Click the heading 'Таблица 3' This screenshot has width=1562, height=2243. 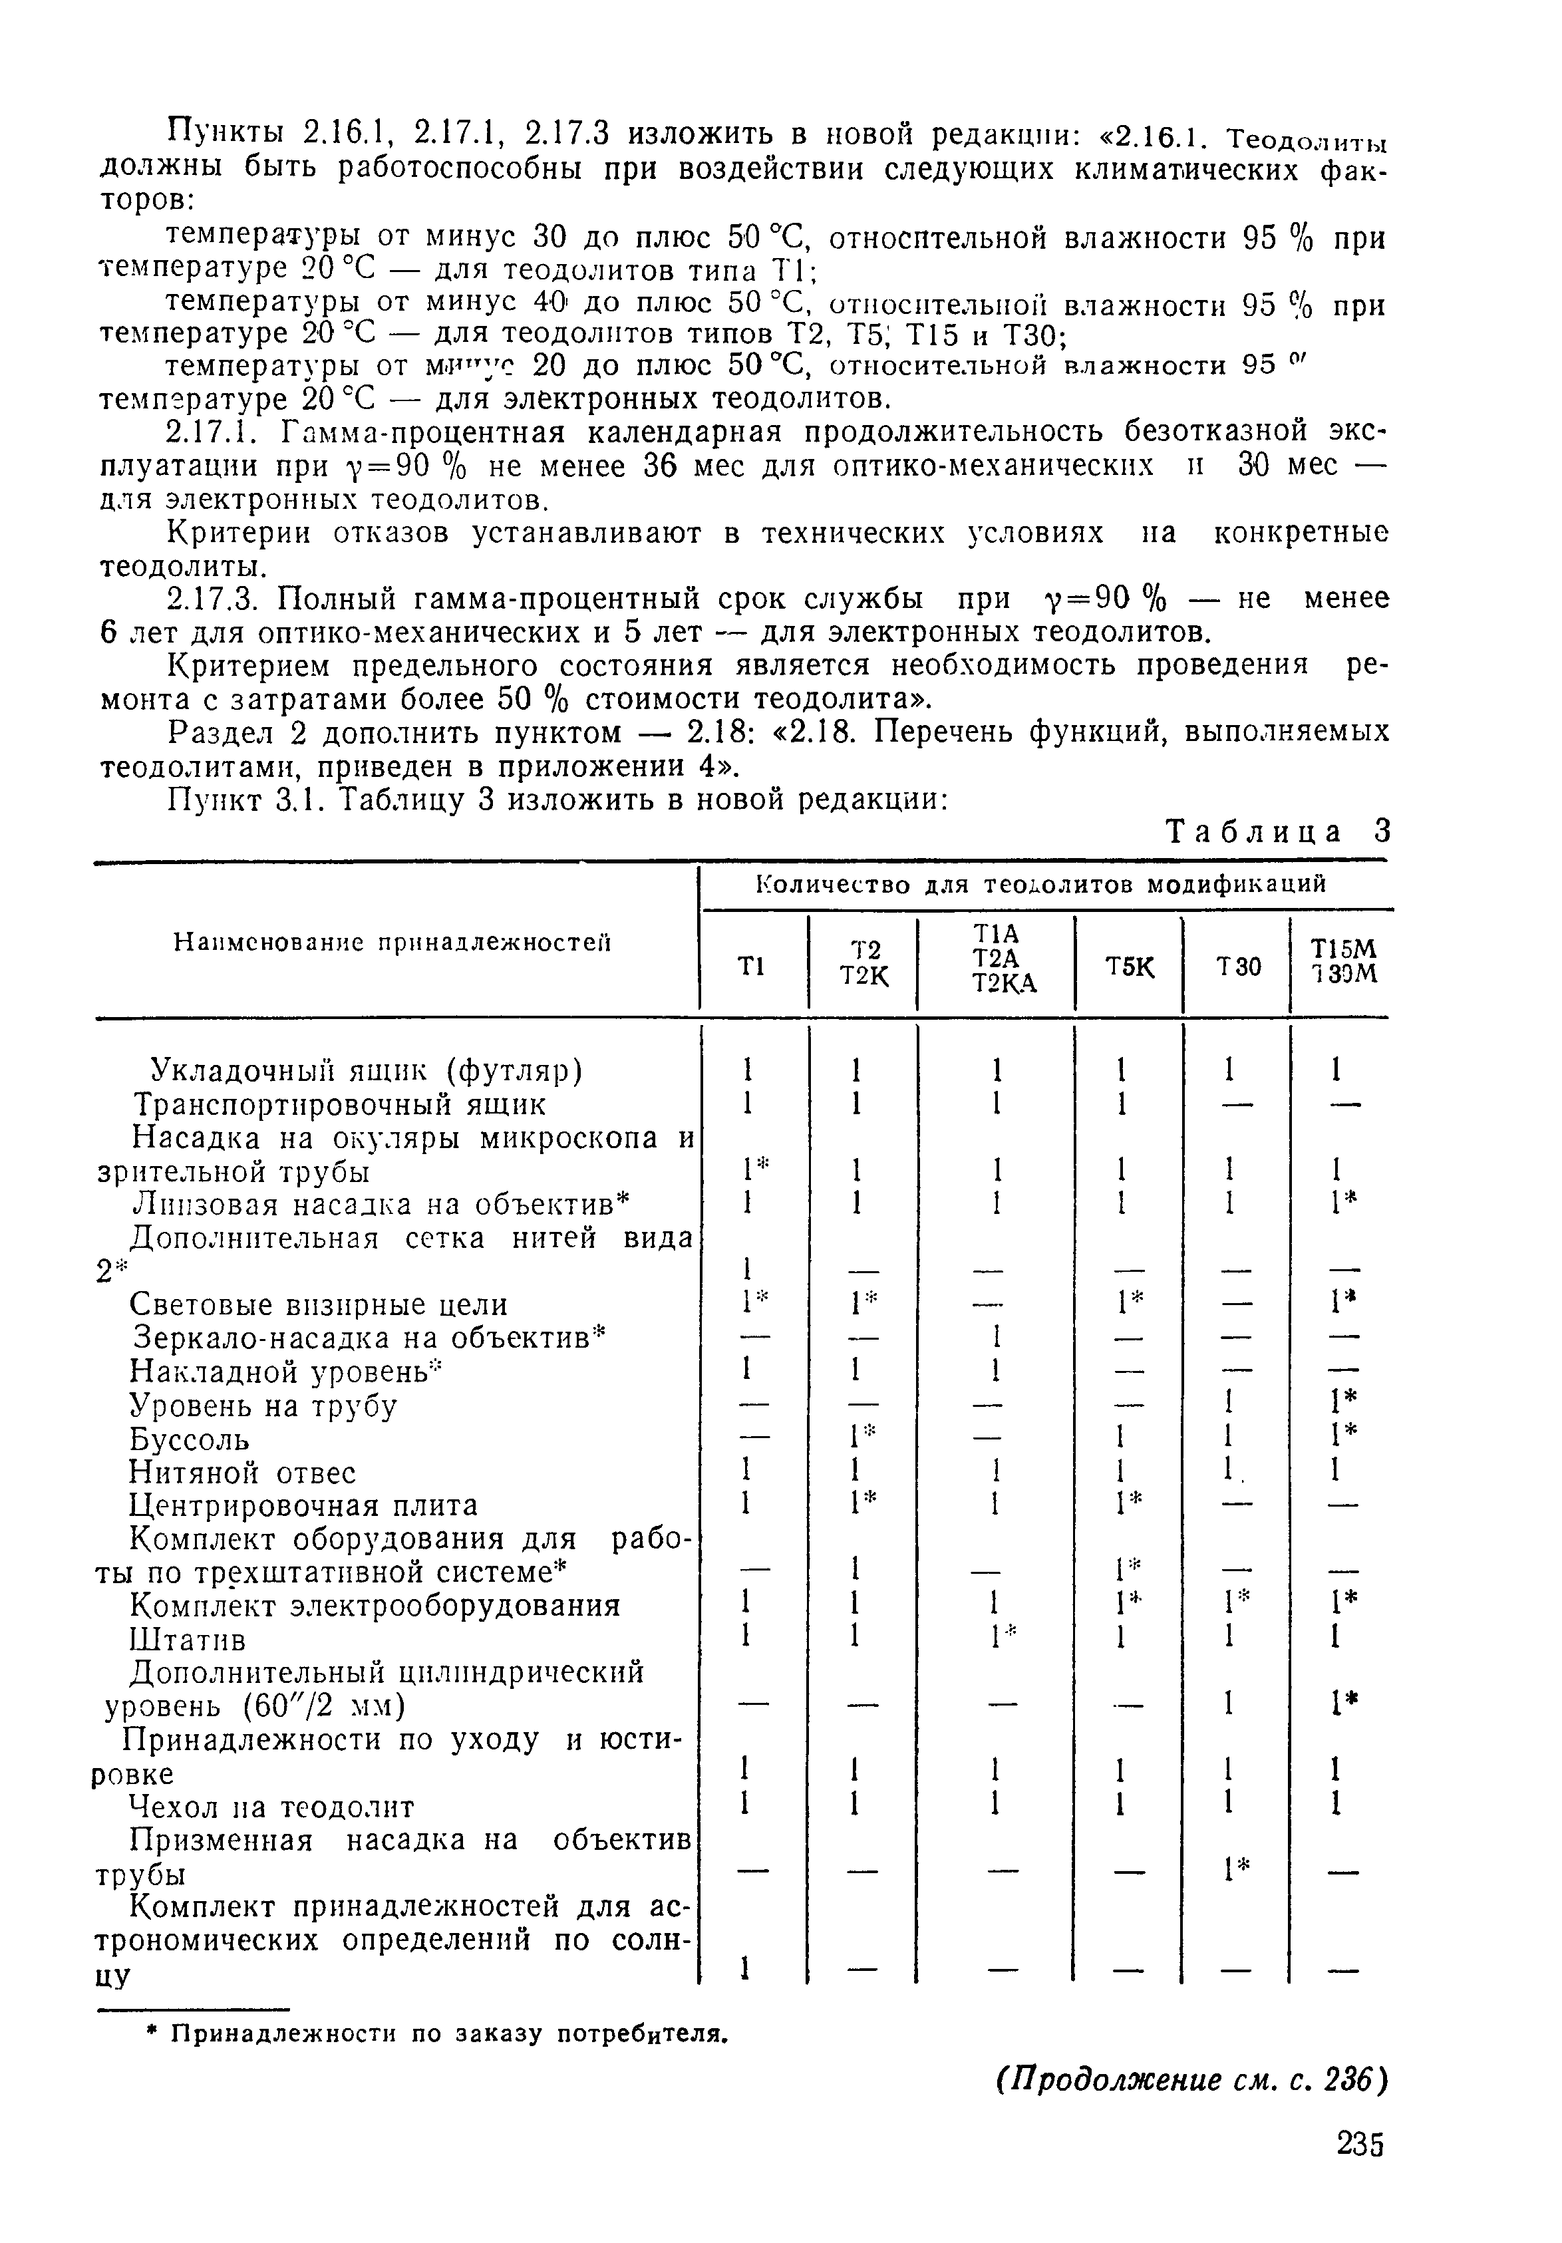pos(1279,832)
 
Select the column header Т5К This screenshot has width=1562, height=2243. pos(1128,966)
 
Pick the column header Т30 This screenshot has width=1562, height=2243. pos(1237,966)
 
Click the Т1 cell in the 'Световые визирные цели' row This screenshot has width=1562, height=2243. pos(751,1304)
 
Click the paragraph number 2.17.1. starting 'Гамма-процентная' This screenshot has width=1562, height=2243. pos(217,431)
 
